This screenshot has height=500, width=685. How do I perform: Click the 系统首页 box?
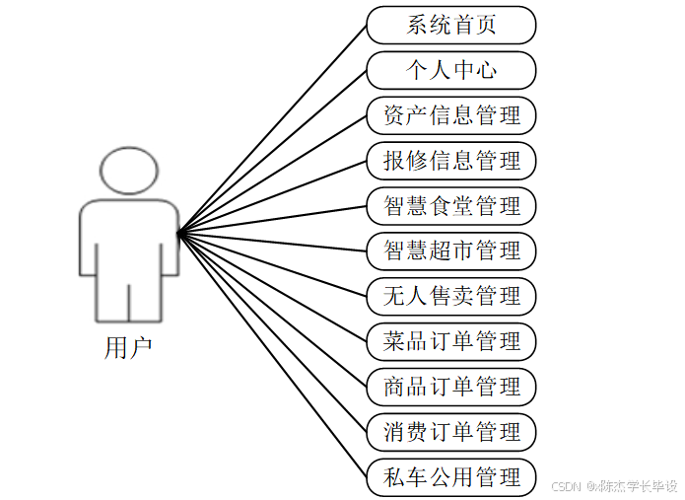point(450,25)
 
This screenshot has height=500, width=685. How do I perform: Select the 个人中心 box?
point(450,70)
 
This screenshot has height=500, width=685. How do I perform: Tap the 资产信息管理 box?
point(450,115)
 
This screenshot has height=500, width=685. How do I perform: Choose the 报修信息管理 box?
point(450,160)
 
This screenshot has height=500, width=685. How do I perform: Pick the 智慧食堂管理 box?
point(450,205)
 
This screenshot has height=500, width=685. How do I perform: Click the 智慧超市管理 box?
point(450,250)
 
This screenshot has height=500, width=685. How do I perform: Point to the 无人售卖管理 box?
point(450,296)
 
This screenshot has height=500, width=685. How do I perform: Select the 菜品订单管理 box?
point(450,341)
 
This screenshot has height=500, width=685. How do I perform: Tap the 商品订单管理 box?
point(450,387)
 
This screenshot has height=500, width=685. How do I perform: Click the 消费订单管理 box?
point(450,432)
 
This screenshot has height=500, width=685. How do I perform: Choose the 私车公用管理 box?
point(450,477)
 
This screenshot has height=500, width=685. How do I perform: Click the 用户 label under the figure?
point(128,348)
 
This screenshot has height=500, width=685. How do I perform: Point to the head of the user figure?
point(129,170)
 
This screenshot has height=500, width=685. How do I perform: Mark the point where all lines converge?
point(178,234)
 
